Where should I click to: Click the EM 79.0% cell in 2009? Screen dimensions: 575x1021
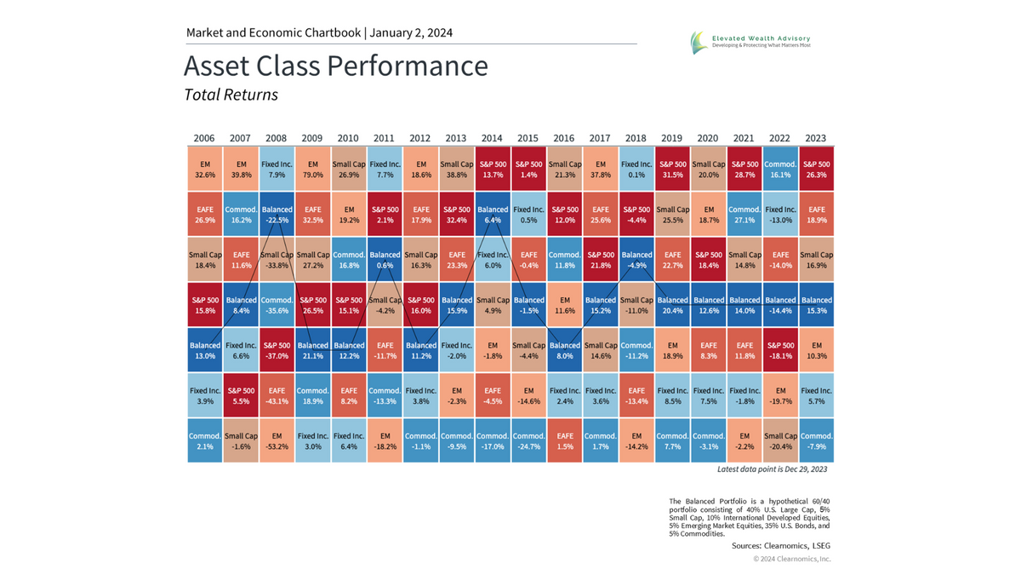pyautogui.click(x=312, y=169)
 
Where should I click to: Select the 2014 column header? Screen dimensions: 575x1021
pyautogui.click(x=491, y=138)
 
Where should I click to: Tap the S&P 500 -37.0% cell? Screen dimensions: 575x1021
pyautogui.click(x=276, y=350)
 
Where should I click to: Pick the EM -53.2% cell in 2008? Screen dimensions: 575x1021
pyautogui.click(x=276, y=440)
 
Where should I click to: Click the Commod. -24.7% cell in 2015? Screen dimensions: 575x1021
pyautogui.click(x=528, y=440)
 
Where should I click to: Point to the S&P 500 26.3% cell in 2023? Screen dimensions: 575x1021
pyautogui.click(x=816, y=169)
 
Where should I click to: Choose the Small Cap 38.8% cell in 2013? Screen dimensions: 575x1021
pyautogui.click(x=456, y=169)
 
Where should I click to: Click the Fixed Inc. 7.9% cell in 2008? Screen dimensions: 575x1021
pyautogui.click(x=276, y=169)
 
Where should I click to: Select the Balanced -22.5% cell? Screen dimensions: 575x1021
pyautogui.click(x=276, y=214)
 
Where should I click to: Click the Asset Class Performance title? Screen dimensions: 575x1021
pyautogui.click(x=335, y=66)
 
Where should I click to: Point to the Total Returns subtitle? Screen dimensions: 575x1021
pyautogui.click(x=231, y=95)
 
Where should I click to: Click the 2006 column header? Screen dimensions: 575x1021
pyautogui.click(x=204, y=138)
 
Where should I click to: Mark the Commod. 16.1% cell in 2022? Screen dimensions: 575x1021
pyautogui.click(x=780, y=169)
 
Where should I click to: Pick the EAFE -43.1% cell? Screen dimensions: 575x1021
pyautogui.click(x=276, y=395)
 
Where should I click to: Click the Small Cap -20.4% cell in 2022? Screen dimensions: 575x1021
pyautogui.click(x=780, y=440)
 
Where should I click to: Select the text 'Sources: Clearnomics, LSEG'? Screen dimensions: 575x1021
pyautogui.click(x=780, y=546)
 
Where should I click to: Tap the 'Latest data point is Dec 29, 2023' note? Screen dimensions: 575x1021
pyautogui.click(x=772, y=469)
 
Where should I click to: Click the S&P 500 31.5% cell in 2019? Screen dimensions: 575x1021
pyautogui.click(x=672, y=169)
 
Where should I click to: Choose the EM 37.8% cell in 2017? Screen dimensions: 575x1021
pyautogui.click(x=600, y=169)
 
